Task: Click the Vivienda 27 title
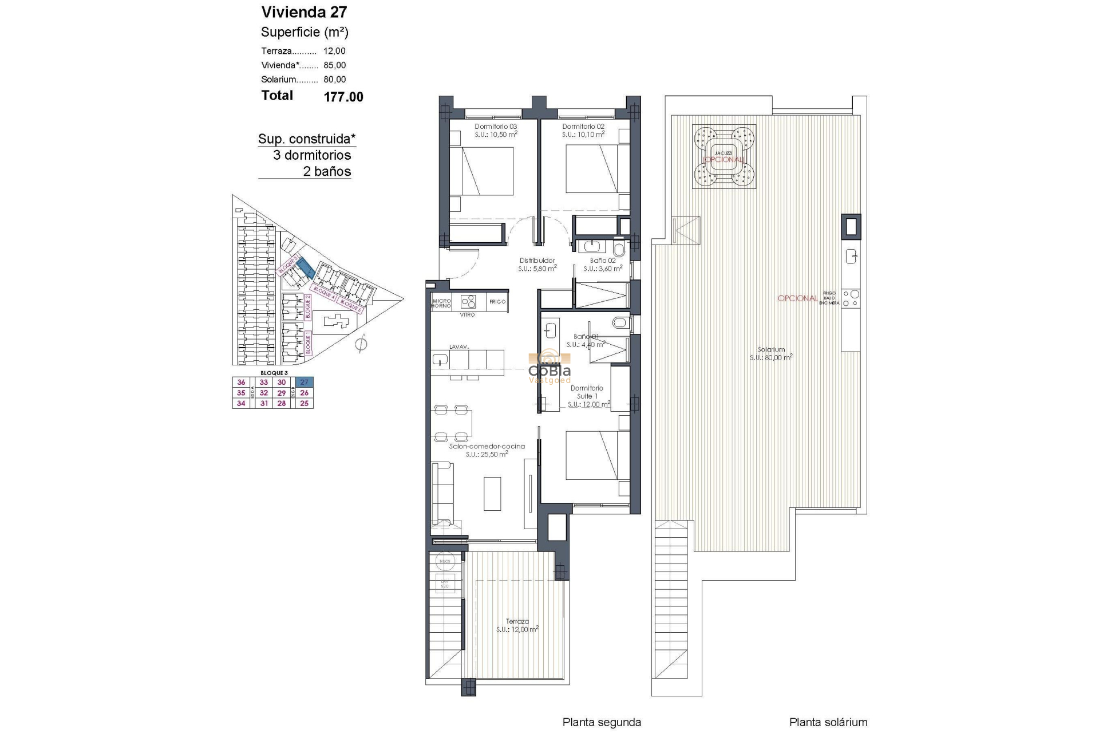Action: coord(304,12)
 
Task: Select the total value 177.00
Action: coord(343,97)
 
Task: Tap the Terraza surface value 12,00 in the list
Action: coord(334,51)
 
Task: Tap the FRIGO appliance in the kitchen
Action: coord(497,302)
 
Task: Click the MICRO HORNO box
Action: coord(441,304)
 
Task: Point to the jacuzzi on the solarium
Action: coord(723,157)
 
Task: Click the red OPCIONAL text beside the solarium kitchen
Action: coord(797,298)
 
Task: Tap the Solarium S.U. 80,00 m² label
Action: coord(770,353)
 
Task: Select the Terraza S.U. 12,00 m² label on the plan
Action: coord(517,625)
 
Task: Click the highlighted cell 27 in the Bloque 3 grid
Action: coord(304,383)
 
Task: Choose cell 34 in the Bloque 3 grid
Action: coord(241,403)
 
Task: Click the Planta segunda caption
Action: coord(601,723)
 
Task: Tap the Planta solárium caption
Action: coord(828,723)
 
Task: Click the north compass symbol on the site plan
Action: coord(361,345)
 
